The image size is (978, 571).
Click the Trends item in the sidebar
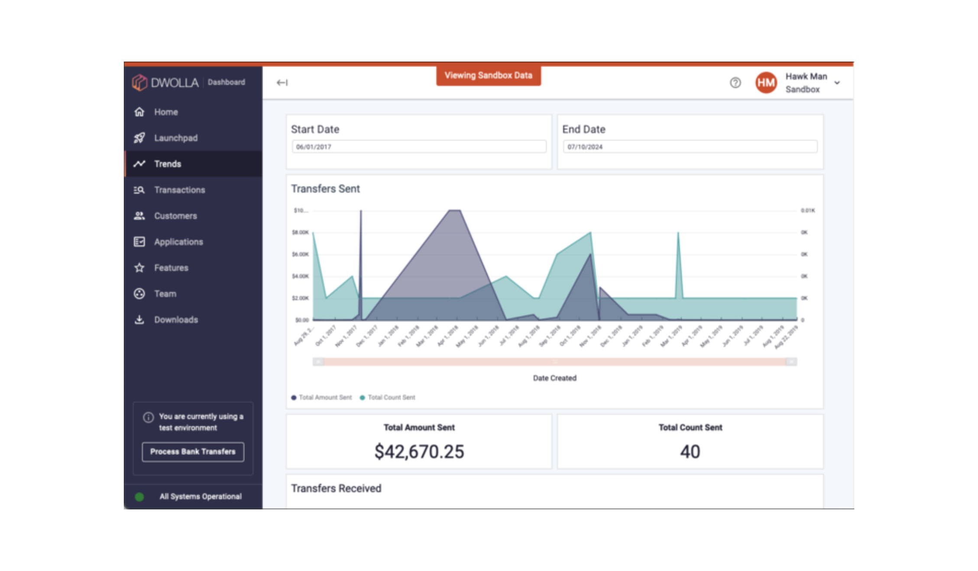click(x=168, y=164)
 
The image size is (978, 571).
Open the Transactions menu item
click(x=179, y=190)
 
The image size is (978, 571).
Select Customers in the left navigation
click(x=175, y=216)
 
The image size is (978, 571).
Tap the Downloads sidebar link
click(x=176, y=320)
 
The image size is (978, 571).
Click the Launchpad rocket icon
click(x=139, y=138)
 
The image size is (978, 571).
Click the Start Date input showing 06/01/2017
click(x=418, y=147)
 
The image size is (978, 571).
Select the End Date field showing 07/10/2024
click(x=690, y=147)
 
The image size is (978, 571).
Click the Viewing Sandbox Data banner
click(x=488, y=75)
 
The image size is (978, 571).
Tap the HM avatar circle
click(x=766, y=83)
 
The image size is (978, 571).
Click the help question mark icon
click(x=735, y=83)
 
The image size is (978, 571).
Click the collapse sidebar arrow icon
click(x=282, y=82)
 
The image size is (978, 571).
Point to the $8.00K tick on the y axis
click(x=300, y=232)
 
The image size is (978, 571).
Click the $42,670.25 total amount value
click(x=419, y=452)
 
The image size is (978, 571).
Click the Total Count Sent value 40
click(x=690, y=452)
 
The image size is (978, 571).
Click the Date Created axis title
click(x=554, y=378)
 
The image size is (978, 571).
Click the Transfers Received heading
click(x=336, y=489)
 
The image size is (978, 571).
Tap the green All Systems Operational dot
click(x=139, y=497)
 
